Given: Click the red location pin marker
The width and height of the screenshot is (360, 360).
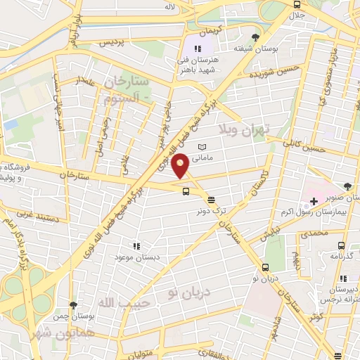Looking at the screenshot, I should point(181,166).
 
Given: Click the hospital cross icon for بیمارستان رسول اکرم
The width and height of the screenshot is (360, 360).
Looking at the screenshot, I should point(314,202).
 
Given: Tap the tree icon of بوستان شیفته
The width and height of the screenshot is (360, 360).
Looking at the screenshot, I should point(255,37).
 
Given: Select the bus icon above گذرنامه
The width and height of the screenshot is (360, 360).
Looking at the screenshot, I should point(341,245).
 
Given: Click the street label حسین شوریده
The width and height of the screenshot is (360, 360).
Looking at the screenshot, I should point(265,73).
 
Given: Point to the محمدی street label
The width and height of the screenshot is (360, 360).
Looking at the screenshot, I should point(314,232).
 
